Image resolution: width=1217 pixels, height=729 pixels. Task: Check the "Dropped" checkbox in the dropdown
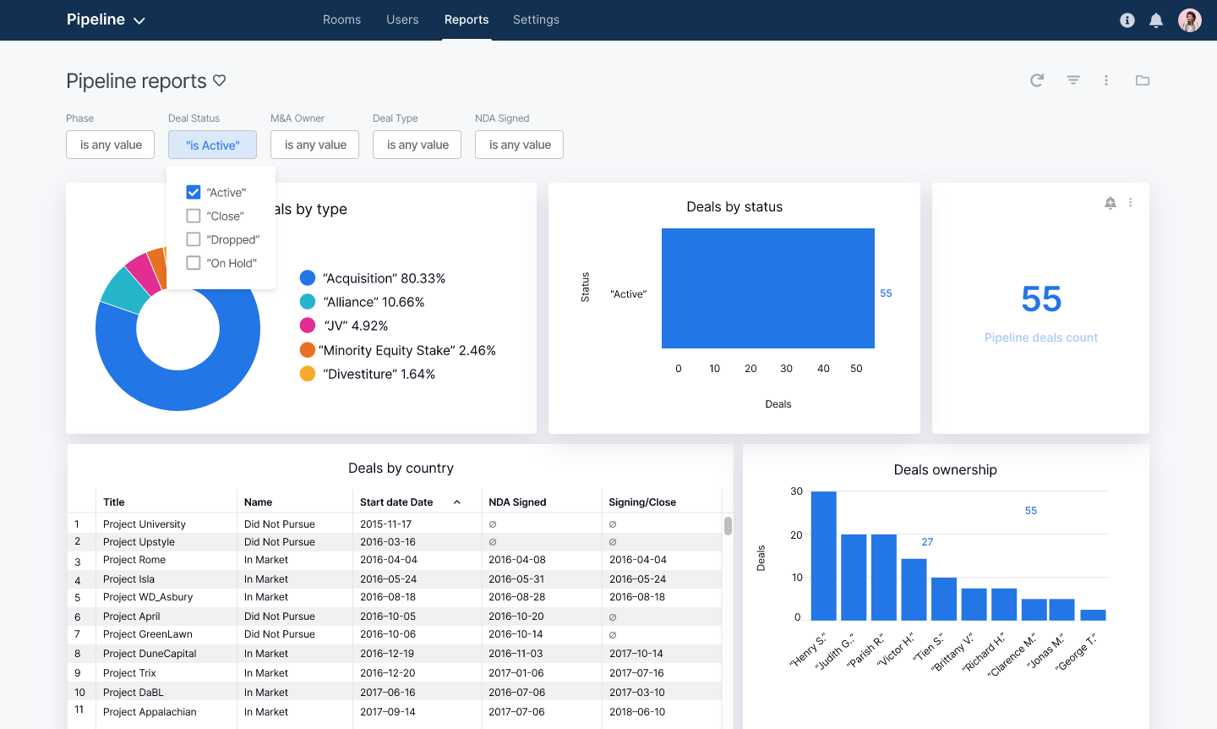pyautogui.click(x=194, y=239)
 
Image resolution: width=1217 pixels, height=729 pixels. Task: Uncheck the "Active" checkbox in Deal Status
pyautogui.click(x=194, y=192)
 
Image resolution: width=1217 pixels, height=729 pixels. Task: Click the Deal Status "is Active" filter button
pyautogui.click(x=212, y=145)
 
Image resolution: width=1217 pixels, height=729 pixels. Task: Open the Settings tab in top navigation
pyautogui.click(x=536, y=19)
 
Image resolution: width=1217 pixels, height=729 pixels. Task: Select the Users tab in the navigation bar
pyautogui.click(x=402, y=19)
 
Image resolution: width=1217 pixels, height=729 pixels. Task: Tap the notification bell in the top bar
pyautogui.click(x=1156, y=20)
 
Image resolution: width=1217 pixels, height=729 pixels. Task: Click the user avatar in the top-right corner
pyautogui.click(x=1190, y=20)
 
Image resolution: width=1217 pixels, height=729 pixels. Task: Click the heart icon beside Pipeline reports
pyautogui.click(x=220, y=80)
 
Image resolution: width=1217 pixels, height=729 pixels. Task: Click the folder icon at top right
pyautogui.click(x=1143, y=80)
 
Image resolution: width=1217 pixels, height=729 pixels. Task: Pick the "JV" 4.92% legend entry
pyautogui.click(x=355, y=326)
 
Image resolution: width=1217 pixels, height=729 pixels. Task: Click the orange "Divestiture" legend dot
pyautogui.click(x=308, y=374)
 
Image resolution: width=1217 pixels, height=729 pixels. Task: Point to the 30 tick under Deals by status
pyautogui.click(x=786, y=369)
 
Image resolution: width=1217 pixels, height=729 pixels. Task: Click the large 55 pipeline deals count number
pyautogui.click(x=1040, y=299)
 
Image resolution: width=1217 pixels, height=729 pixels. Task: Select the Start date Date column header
pyautogui.click(x=396, y=502)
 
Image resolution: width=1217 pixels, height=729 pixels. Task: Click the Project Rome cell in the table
pyautogui.click(x=134, y=560)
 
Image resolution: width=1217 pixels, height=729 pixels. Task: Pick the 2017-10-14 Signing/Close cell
pyautogui.click(x=636, y=654)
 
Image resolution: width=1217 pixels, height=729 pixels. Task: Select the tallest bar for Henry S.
pyautogui.click(x=823, y=556)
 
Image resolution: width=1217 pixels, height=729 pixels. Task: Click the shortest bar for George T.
pyautogui.click(x=1093, y=615)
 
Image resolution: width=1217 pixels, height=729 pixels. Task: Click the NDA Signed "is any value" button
pyautogui.click(x=519, y=145)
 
